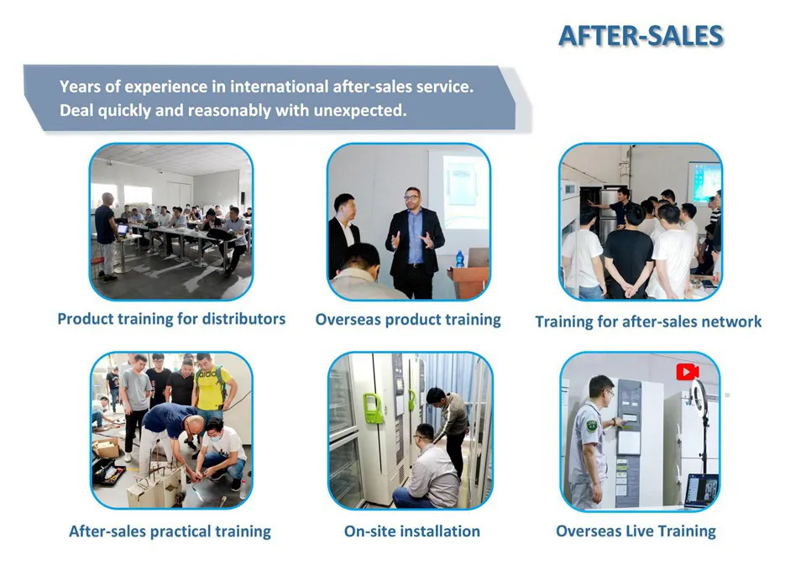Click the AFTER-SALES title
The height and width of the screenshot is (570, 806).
pos(641,36)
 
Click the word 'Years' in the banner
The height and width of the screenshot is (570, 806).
pos(81,86)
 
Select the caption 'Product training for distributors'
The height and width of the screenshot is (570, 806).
pos(171,319)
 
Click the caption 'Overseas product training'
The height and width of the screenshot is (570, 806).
pos(408,320)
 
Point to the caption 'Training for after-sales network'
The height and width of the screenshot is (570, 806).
pos(648,322)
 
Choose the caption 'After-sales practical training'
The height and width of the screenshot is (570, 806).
pos(170,531)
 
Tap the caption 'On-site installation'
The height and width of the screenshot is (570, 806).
pos(412,531)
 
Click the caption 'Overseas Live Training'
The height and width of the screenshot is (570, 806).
pos(636,531)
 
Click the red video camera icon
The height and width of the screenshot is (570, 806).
pos(688,371)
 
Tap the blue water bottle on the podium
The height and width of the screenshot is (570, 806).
pos(459,259)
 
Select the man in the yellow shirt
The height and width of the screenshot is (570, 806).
pos(212,386)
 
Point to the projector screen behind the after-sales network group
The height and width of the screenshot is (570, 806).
pos(704,181)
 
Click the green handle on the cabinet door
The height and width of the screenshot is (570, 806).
pos(373,407)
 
